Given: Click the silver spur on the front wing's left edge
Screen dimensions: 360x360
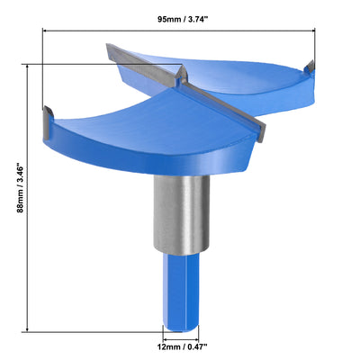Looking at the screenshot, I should tap(46, 116).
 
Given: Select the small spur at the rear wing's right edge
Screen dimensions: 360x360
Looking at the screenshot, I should tap(310, 66).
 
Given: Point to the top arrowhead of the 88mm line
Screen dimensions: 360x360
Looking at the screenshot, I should tap(31, 65).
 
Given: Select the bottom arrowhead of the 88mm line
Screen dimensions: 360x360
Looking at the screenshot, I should tap(31, 329).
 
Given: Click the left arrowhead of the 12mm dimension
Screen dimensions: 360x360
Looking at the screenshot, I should tap(163, 334).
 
